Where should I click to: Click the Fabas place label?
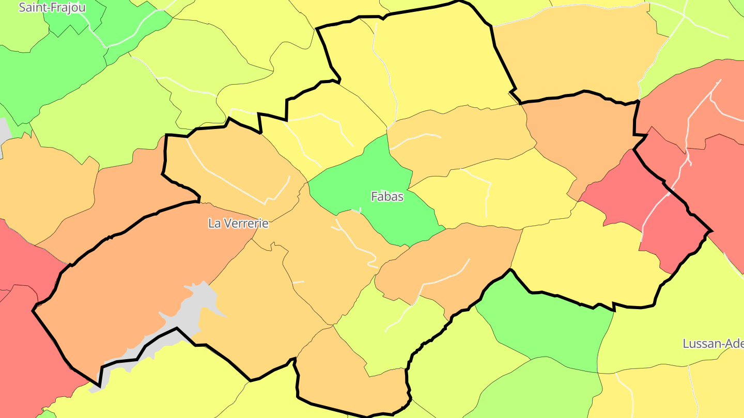tap(387, 197)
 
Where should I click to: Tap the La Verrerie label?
tap(238, 223)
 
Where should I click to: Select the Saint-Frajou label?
tap(52, 8)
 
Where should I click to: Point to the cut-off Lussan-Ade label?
tap(713, 344)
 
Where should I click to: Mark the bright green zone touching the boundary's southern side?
tap(548, 325)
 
